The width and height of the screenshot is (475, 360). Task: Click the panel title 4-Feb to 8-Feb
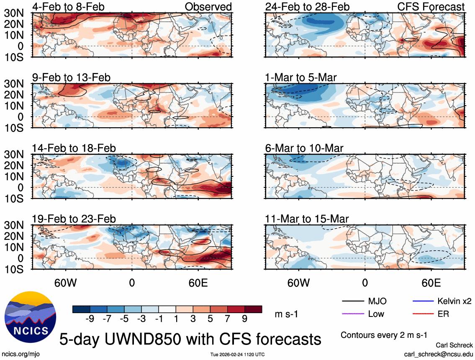point(69,7)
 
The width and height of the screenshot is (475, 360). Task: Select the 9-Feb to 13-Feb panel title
point(72,77)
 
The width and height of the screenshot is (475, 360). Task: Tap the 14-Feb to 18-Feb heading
point(74,148)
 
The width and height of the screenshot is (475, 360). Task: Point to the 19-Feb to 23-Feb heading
point(74,219)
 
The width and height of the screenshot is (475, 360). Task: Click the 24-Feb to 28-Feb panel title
point(307,7)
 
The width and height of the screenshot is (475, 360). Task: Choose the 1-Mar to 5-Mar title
point(301,77)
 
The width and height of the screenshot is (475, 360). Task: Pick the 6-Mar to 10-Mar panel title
point(304,148)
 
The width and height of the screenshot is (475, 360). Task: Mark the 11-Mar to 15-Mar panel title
point(307,219)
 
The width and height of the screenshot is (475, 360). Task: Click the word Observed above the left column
point(208,7)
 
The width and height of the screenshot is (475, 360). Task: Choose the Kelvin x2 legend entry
point(454,301)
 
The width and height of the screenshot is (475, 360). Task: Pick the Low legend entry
point(376,314)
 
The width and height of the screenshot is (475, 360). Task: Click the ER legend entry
point(443,314)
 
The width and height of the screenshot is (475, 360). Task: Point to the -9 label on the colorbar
point(89,319)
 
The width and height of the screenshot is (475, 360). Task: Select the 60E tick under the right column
point(431,283)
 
